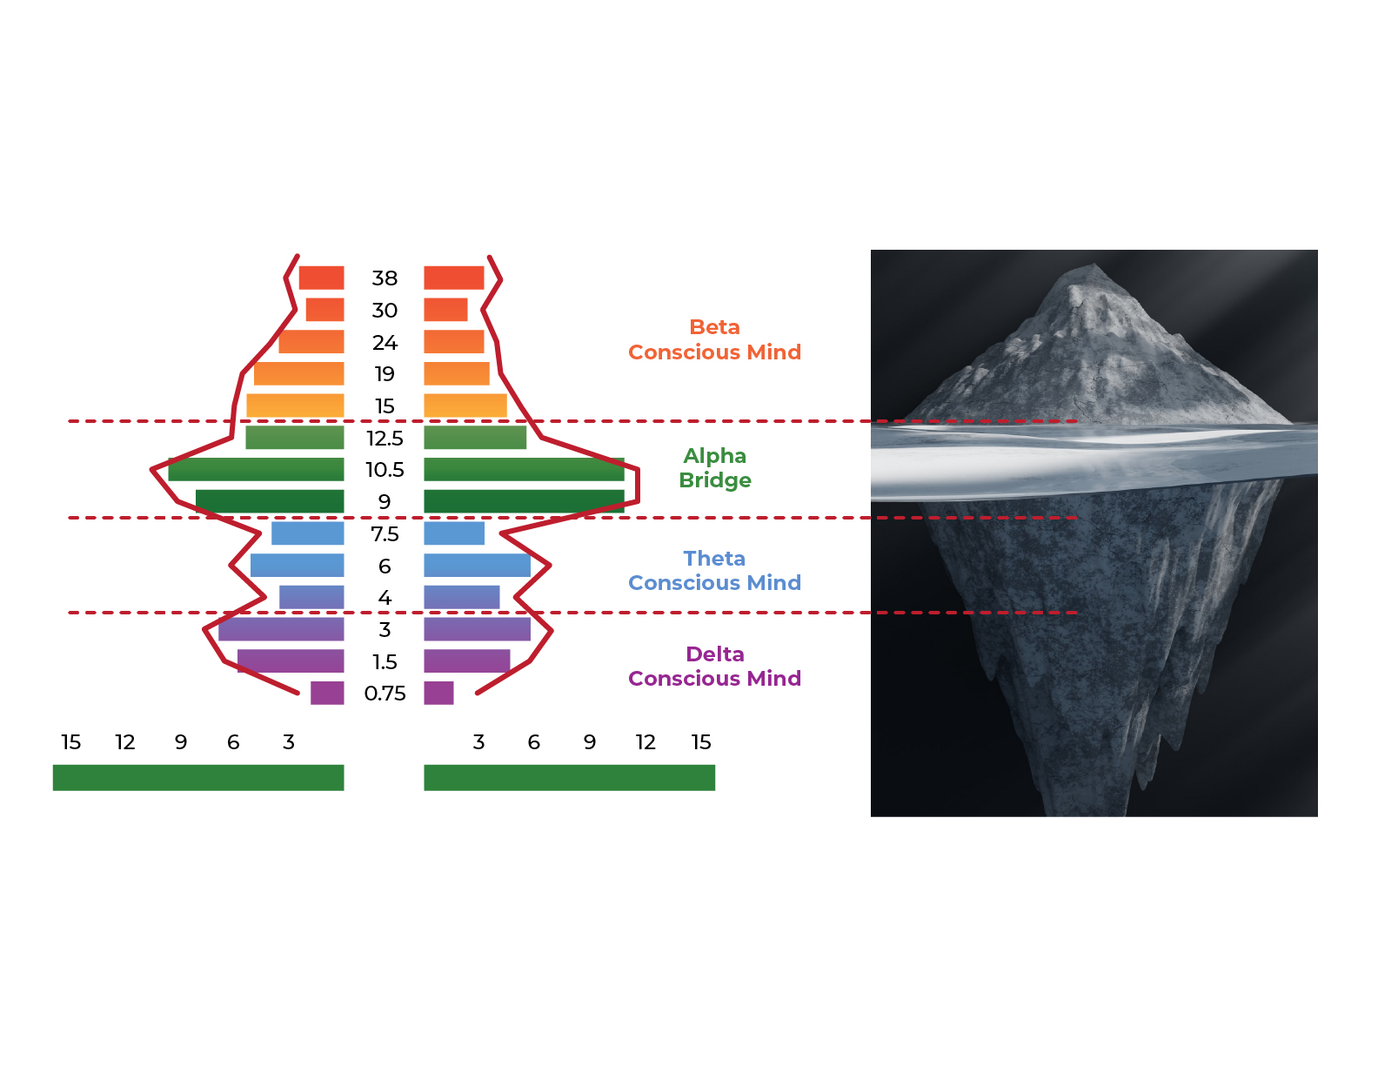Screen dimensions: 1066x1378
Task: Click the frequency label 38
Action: coord(385,278)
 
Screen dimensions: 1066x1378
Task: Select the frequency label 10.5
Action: coord(385,470)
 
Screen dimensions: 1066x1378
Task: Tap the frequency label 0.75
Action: coord(385,694)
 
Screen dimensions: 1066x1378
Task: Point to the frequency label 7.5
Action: coord(385,534)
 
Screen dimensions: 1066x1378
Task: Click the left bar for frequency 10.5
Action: coord(256,470)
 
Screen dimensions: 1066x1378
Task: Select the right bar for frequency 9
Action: coord(524,501)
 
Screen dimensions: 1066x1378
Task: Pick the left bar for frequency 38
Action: coord(321,278)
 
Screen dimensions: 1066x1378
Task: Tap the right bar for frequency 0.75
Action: coord(438,694)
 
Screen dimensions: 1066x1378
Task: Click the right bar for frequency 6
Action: coord(477,566)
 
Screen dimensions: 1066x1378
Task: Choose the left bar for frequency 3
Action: coord(281,629)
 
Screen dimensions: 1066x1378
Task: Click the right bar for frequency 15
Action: coord(465,406)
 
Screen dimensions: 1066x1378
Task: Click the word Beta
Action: coord(714,327)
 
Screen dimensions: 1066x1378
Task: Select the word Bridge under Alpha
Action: coord(714,480)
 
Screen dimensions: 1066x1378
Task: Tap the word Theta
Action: coord(714,559)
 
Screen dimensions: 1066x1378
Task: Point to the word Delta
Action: coord(714,654)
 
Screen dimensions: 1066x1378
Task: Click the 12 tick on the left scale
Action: coord(125,742)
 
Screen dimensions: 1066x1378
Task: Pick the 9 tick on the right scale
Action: coord(590,742)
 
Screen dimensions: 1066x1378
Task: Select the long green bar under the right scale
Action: coord(569,778)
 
